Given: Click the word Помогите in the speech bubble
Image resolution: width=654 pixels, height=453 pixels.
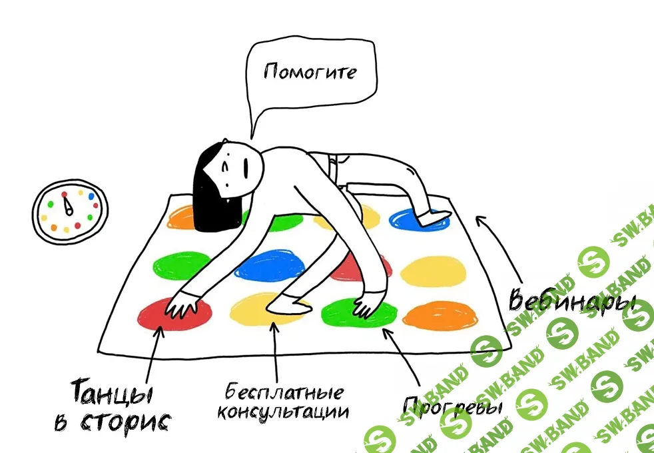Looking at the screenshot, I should pos(310,72).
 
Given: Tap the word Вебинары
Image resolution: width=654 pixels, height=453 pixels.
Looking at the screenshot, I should pos(571,300).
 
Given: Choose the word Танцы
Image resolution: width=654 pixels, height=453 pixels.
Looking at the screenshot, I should pos(111,392).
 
